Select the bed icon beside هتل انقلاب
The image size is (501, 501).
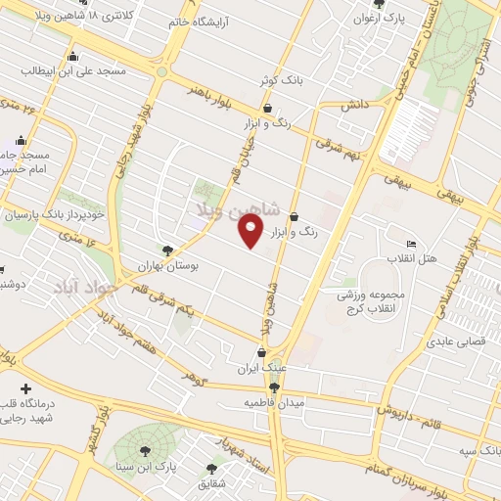pos(411,244)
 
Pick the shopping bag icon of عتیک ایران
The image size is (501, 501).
pos(261,353)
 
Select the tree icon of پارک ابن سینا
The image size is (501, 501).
pos(146,451)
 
